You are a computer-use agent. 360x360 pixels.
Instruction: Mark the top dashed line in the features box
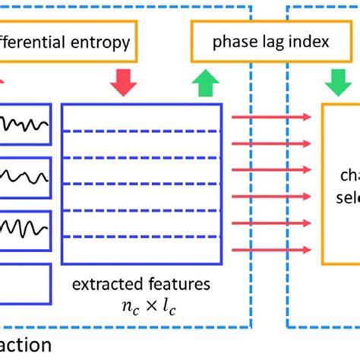tap(141, 130)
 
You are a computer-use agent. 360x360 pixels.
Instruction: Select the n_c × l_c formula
tap(141, 308)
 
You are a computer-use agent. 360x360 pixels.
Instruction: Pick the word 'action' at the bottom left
tap(26, 346)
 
